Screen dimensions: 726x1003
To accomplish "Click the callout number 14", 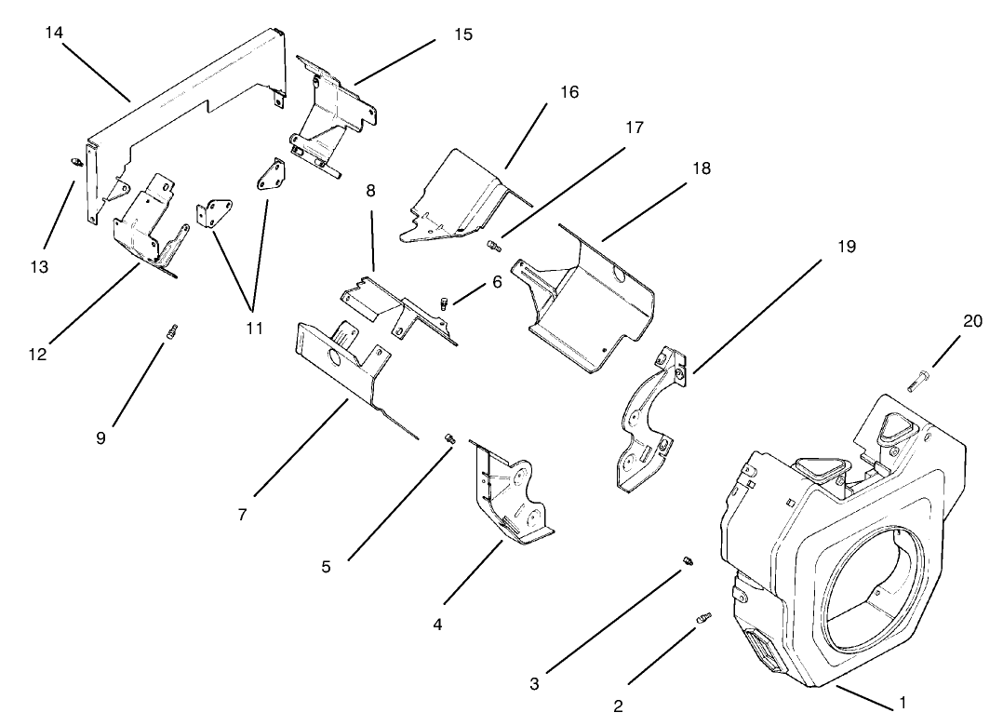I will pos(53,33).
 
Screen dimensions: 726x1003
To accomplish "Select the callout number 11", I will pos(254,328).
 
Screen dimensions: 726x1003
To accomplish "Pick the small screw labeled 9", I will pos(172,330).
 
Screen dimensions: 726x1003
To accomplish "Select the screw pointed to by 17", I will pos(493,246).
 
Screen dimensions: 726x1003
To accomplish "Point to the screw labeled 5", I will pos(448,437).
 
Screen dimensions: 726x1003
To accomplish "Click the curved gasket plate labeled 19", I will pos(647,423).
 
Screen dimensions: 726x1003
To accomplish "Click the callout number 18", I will pos(701,168).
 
